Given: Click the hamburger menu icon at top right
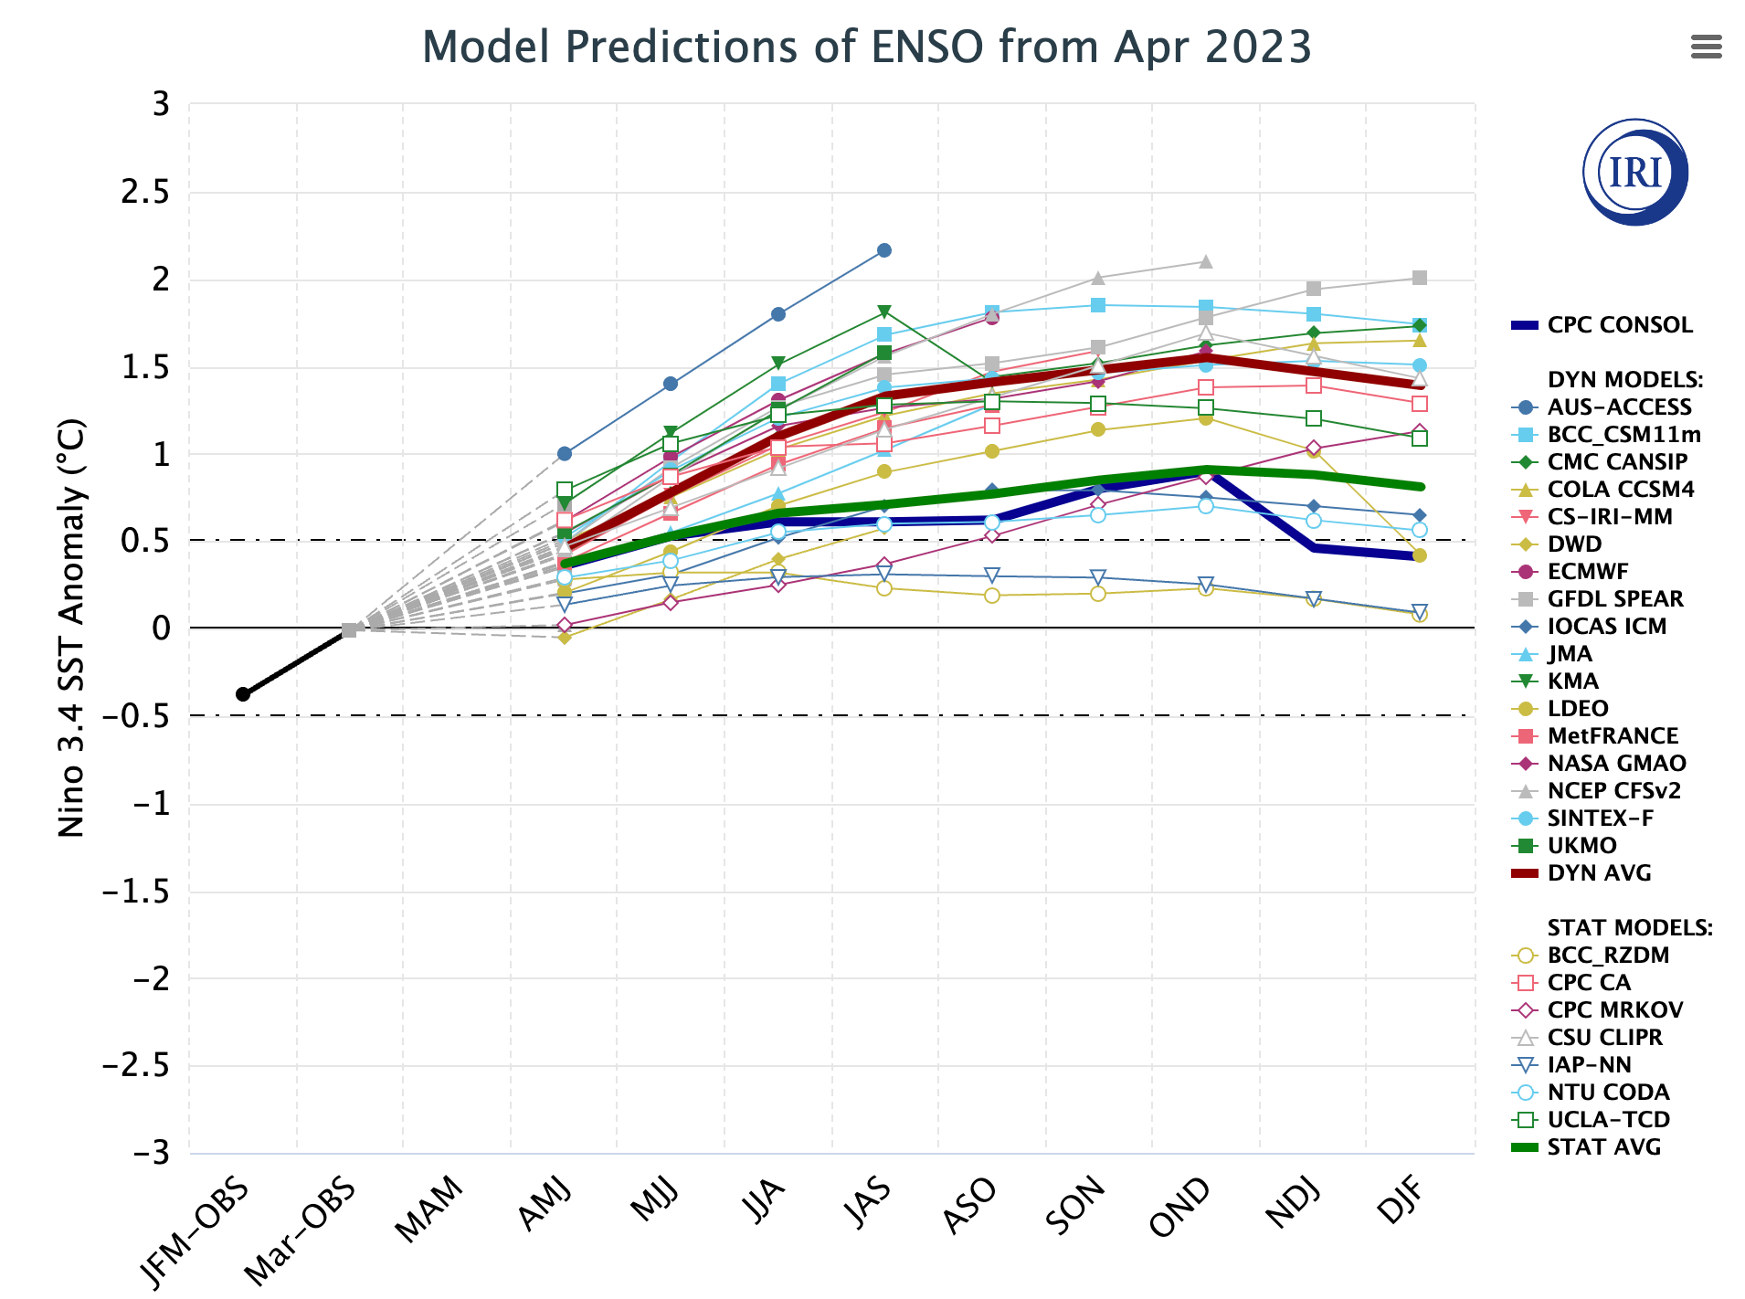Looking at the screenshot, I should click(1706, 47).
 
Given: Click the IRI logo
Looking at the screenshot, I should click(1634, 172).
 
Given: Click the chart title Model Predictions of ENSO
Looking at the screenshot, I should click(866, 48).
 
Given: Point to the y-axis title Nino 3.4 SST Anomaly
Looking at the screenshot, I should click(71, 628).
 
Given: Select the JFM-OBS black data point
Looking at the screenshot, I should click(243, 694).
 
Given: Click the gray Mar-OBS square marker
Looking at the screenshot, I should click(349, 630).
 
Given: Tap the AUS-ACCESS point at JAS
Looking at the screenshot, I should click(884, 250).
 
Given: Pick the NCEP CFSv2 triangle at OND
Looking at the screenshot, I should click(1206, 262).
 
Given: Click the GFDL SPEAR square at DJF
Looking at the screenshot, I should click(1420, 278).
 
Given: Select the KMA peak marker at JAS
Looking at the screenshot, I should click(884, 312).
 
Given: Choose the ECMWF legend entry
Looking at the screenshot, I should click(1587, 572).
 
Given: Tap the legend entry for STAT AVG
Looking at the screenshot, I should click(1603, 1147).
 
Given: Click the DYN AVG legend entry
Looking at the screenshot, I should click(1599, 873).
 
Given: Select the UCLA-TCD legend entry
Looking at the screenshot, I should click(1608, 1120).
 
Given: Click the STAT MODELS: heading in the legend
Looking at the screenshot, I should click(1629, 928).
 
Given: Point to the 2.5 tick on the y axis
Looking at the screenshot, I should click(146, 193).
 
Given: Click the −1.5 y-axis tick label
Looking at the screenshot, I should click(135, 892).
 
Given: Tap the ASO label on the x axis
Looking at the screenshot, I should click(969, 1208).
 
